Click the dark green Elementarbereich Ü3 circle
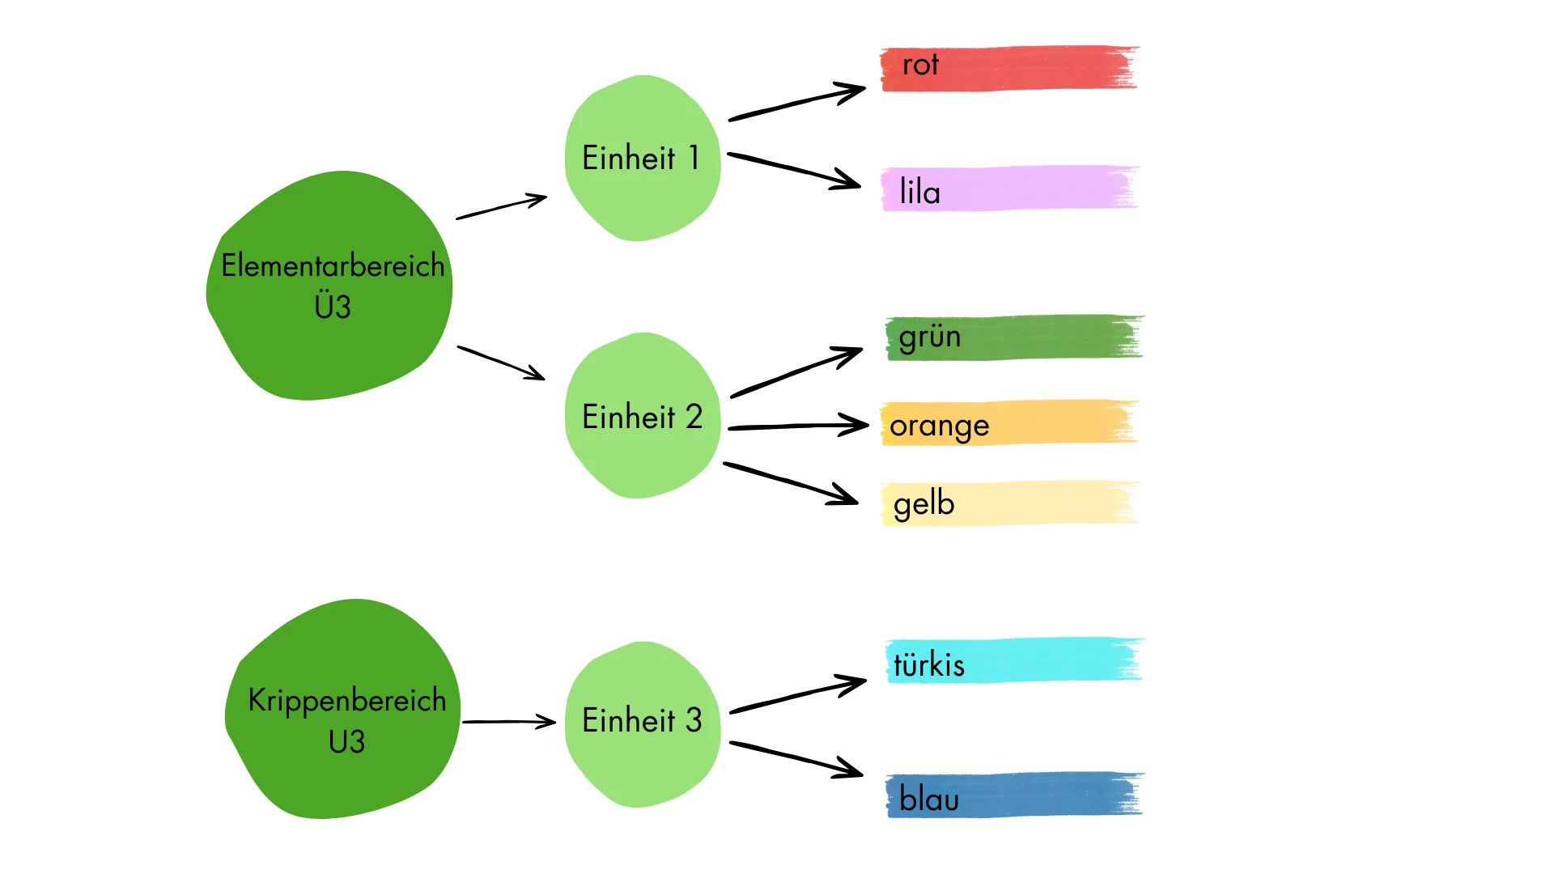pos(329,285)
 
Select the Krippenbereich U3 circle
pos(342,709)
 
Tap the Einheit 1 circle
pos(643,158)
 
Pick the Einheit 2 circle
pos(643,415)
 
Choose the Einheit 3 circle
pos(643,724)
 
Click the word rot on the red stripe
pos(920,65)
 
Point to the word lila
pos(919,192)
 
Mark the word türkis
pos(929,664)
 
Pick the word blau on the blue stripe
pos(929,799)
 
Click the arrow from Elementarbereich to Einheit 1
pos(502,206)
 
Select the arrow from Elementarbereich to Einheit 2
pos(502,363)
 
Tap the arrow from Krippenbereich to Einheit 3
pos(509,721)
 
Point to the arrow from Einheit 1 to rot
pos(797,102)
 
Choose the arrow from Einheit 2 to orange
pos(799,426)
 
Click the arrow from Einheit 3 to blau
pos(796,759)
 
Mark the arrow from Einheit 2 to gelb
pos(791,484)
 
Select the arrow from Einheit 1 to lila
pos(794,171)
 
